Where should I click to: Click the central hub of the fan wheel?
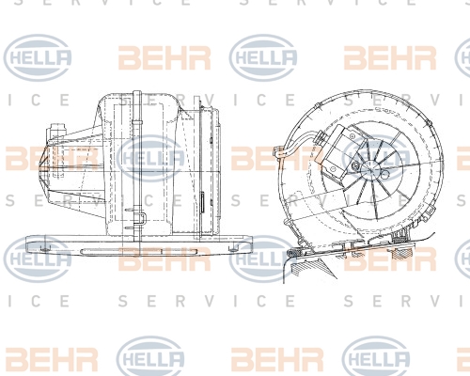point(374,169)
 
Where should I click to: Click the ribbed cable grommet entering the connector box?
point(321,136)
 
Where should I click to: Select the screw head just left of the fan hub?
point(356,165)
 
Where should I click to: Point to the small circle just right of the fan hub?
point(387,173)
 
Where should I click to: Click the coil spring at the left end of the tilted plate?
point(295,253)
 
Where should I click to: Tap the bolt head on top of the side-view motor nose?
point(56,129)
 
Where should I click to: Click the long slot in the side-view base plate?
point(139,251)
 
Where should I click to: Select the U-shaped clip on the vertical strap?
point(142,218)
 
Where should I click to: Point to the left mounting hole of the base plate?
point(44,249)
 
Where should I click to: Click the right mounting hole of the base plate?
point(232,249)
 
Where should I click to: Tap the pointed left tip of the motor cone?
point(39,165)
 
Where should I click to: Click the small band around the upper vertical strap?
point(137,120)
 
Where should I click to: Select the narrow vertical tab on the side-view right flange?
point(203,202)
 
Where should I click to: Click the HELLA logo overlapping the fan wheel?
point(376,158)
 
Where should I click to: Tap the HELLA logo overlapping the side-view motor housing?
point(150,158)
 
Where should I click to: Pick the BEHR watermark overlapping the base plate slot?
point(164,258)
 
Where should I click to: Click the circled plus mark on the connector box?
point(352,136)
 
